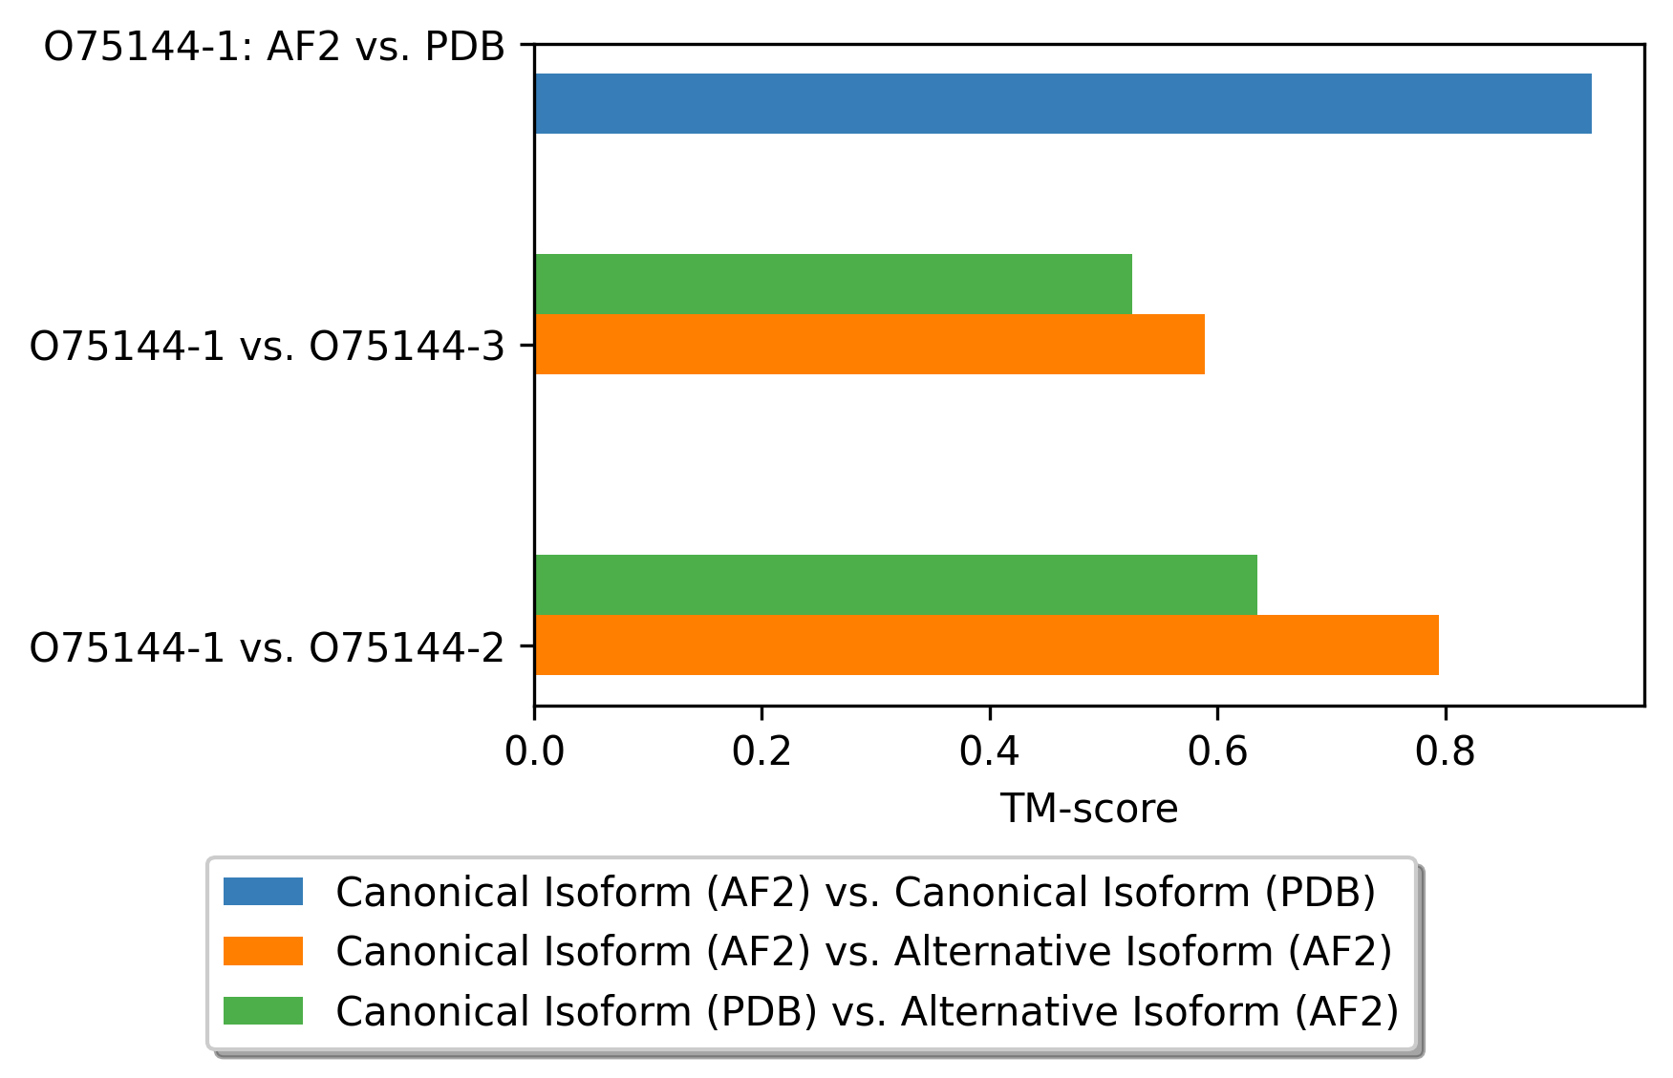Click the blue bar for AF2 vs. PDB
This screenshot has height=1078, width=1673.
pyautogui.click(x=1063, y=103)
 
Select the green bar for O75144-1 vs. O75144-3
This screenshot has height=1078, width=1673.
pyautogui.click(x=833, y=284)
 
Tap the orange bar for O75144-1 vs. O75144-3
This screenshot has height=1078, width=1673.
pyautogui.click(x=869, y=344)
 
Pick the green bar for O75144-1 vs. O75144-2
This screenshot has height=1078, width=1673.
pyautogui.click(x=896, y=584)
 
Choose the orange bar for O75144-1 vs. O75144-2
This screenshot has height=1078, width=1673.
pyautogui.click(x=987, y=645)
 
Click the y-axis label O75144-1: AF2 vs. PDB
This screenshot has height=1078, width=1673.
pyautogui.click(x=275, y=46)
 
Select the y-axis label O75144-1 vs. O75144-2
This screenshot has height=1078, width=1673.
pyautogui.click(x=268, y=647)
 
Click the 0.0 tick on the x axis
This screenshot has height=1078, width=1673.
pyautogui.click(x=534, y=751)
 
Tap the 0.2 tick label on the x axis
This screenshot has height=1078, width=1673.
pyautogui.click(x=761, y=751)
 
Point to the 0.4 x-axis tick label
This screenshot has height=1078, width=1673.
pyautogui.click(x=990, y=751)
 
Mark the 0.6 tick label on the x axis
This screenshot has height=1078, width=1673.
pyautogui.click(x=1217, y=751)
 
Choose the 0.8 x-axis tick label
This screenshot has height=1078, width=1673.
pyautogui.click(x=1446, y=751)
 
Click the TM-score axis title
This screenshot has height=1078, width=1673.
pyautogui.click(x=1089, y=809)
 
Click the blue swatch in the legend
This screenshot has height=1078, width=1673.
pyautogui.click(x=263, y=892)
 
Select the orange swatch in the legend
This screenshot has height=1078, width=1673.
pyautogui.click(x=263, y=951)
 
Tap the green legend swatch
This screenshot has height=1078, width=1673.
pyautogui.click(x=263, y=1010)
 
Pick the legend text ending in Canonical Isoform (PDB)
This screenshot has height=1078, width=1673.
pyautogui.click(x=856, y=892)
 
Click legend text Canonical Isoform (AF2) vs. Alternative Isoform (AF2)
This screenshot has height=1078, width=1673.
pyautogui.click(x=865, y=951)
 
